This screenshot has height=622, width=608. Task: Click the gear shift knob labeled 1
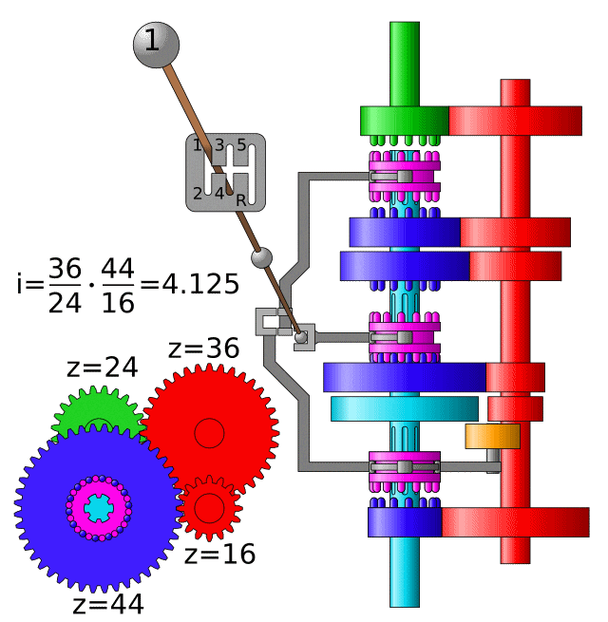click(152, 43)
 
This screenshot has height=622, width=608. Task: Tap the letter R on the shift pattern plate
click(241, 200)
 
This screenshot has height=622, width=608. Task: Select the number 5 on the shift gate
click(241, 145)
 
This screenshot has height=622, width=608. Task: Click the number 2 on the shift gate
click(198, 194)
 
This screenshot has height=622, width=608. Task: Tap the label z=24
click(102, 368)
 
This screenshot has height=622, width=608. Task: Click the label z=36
click(204, 349)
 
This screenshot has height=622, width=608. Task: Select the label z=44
click(108, 604)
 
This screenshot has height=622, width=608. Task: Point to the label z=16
click(219, 555)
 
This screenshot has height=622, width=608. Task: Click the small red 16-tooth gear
click(210, 507)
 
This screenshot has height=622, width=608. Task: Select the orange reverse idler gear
click(492, 436)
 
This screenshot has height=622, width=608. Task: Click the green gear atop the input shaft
click(404, 121)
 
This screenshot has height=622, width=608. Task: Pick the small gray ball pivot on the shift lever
click(261, 258)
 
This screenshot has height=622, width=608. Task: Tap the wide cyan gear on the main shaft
click(405, 409)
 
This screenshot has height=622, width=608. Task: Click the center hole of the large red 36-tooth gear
click(209, 433)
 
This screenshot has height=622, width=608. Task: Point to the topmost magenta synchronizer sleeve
click(405, 177)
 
